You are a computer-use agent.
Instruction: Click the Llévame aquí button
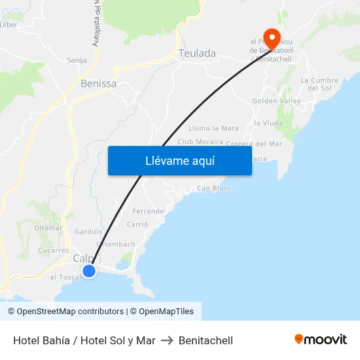point(179,160)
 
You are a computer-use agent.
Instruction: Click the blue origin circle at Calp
point(89,270)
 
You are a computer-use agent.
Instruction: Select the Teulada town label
point(197,54)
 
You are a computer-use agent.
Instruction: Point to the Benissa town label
point(98,84)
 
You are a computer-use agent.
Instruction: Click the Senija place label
point(77,60)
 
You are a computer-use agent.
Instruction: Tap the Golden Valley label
point(276,101)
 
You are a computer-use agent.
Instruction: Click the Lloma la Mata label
point(213,128)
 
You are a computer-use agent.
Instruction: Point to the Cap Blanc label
point(215,189)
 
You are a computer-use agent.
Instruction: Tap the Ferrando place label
point(148,211)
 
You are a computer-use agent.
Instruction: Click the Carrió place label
point(137,224)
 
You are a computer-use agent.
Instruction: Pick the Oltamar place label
point(48,228)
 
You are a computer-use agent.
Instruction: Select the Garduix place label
point(88,232)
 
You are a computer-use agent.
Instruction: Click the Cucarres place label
point(53,250)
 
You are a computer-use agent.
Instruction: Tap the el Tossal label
point(65,277)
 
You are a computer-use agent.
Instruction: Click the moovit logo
point(320,340)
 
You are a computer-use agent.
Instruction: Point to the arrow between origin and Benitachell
point(166,340)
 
